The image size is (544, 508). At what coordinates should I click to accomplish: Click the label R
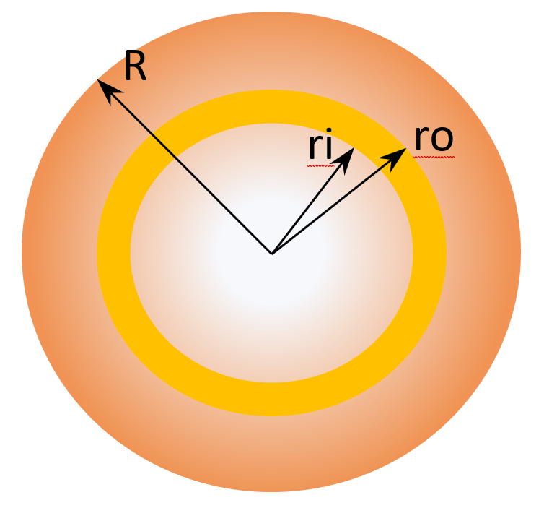click(136, 65)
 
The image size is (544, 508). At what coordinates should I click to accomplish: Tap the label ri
click(320, 146)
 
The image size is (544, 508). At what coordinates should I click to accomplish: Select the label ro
click(434, 139)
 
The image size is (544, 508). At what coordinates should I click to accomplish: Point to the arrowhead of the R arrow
click(108, 90)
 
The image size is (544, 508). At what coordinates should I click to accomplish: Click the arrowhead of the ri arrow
click(344, 160)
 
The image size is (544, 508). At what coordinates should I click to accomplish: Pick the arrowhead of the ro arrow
click(395, 158)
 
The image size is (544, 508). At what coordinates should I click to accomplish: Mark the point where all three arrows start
click(272, 254)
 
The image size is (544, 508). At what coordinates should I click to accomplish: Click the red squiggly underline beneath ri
click(320, 165)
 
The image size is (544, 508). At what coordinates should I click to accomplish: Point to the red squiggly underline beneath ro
click(434, 157)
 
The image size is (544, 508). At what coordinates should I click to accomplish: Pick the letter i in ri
click(329, 145)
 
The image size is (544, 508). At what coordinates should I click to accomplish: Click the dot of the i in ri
click(329, 132)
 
